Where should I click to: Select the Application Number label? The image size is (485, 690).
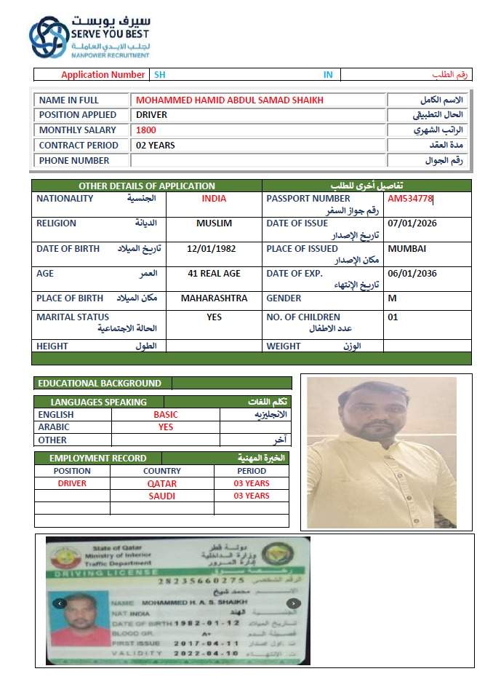tap(103, 75)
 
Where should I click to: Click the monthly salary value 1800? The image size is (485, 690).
tap(146, 130)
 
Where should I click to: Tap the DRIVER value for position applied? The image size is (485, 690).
tap(151, 115)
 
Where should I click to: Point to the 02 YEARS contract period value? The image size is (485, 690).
tap(156, 146)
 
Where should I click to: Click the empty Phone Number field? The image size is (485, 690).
tap(258, 161)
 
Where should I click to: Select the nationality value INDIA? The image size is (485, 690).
tap(214, 199)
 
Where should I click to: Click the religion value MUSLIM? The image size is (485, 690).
tap(214, 223)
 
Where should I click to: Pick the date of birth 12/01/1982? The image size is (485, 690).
tap(211, 249)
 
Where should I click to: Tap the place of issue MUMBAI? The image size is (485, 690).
tap(407, 249)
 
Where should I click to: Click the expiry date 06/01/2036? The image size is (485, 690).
tap(412, 274)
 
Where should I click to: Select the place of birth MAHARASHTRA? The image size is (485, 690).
tap(214, 298)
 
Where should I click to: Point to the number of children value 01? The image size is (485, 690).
tap(393, 317)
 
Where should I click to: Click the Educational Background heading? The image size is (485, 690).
tap(100, 383)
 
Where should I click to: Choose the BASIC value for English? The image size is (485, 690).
tap(165, 415)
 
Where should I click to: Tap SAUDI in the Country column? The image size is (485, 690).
tap(162, 496)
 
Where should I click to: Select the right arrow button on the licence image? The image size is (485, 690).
tap(293, 603)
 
